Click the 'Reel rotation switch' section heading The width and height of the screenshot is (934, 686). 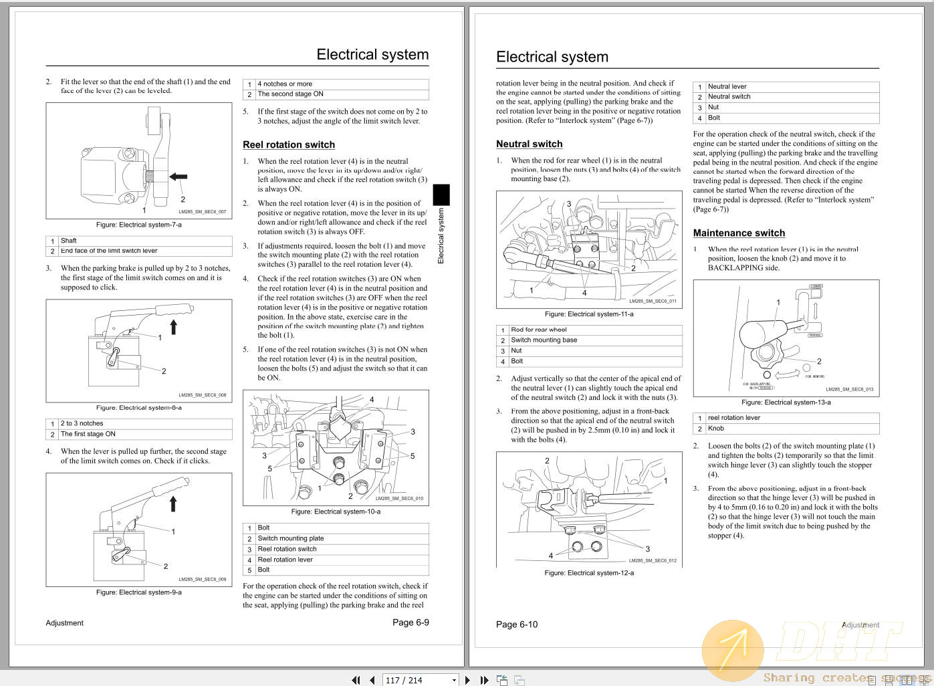pyautogui.click(x=289, y=144)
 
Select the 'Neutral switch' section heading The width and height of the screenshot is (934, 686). pyautogui.click(x=529, y=144)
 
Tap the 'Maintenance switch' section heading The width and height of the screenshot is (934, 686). pyautogui.click(x=739, y=233)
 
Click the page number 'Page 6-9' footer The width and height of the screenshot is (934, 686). pyautogui.click(x=411, y=622)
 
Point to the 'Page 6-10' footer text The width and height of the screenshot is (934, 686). pyautogui.click(x=516, y=624)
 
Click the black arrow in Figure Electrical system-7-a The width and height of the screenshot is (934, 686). pyautogui.click(x=179, y=177)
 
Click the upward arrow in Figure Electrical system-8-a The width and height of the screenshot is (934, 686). pyautogui.click(x=174, y=326)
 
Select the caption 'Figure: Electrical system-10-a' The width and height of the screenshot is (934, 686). pyautogui.click(x=336, y=511)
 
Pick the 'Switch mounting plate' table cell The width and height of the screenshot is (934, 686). pyautogui.click(x=291, y=538)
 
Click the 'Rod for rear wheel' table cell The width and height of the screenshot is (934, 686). pyautogui.click(x=539, y=330)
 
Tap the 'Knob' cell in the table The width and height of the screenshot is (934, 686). pyautogui.click(x=716, y=429)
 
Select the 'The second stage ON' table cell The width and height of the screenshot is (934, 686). pyautogui.click(x=290, y=94)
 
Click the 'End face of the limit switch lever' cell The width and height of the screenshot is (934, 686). pyautogui.click(x=109, y=251)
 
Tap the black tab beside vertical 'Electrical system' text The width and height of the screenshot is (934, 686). pyautogui.click(x=441, y=195)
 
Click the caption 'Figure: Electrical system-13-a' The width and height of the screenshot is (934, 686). pyautogui.click(x=786, y=403)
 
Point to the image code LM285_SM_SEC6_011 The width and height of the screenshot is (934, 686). pyautogui.click(x=653, y=301)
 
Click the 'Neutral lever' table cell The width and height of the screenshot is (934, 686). pyautogui.click(x=727, y=86)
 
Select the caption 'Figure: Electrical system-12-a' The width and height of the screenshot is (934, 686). pyautogui.click(x=589, y=573)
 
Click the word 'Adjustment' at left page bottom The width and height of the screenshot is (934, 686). pyautogui.click(x=65, y=623)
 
